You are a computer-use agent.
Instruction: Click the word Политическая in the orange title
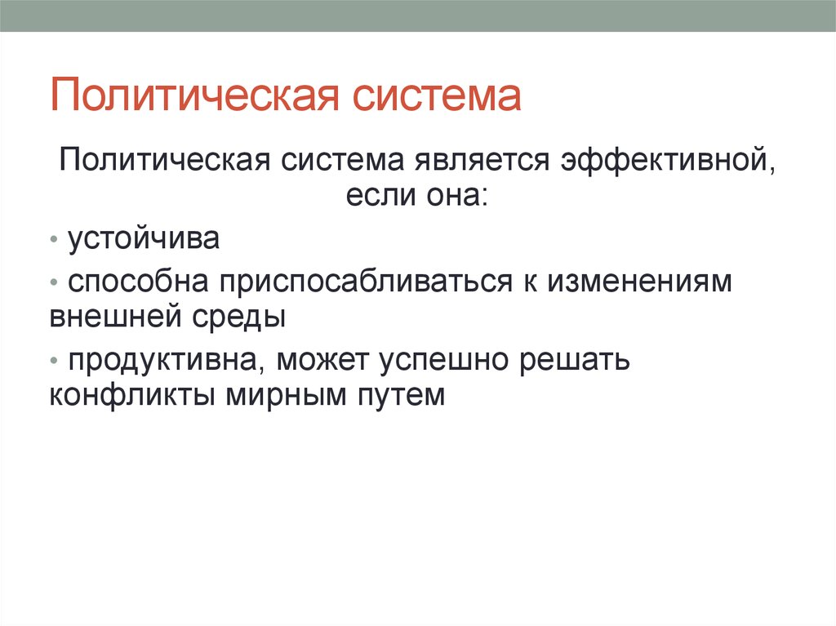194,95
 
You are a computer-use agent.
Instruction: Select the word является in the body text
482,159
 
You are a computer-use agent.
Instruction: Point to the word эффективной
668,160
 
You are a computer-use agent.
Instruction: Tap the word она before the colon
457,194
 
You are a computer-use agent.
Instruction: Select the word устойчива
144,238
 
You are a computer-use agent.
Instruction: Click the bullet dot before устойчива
53,239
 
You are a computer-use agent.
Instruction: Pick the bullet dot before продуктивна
53,361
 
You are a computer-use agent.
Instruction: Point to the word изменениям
640,281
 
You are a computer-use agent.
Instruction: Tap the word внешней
116,316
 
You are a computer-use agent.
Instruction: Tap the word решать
575,361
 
